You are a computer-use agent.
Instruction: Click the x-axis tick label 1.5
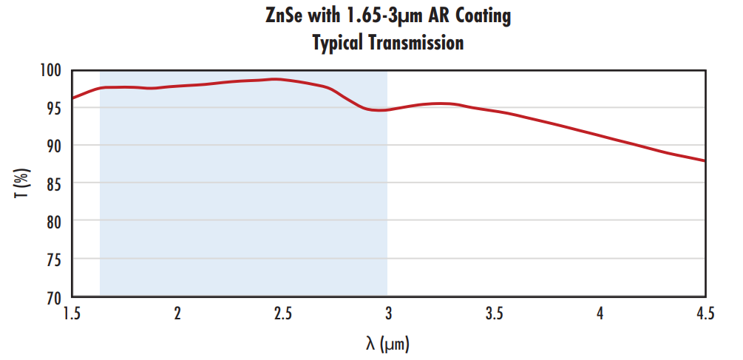[x=72, y=313]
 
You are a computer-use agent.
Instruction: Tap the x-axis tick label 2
[x=177, y=313]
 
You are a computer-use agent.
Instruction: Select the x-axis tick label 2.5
[x=282, y=313]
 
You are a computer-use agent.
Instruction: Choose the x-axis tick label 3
[x=389, y=313]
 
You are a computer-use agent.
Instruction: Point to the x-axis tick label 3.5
[x=494, y=313]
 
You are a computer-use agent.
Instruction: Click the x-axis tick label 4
[x=600, y=313]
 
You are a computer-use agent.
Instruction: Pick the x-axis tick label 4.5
[x=705, y=313]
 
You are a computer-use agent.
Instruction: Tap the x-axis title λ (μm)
[x=387, y=343]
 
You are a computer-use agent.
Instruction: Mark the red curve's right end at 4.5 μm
[x=705, y=160]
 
